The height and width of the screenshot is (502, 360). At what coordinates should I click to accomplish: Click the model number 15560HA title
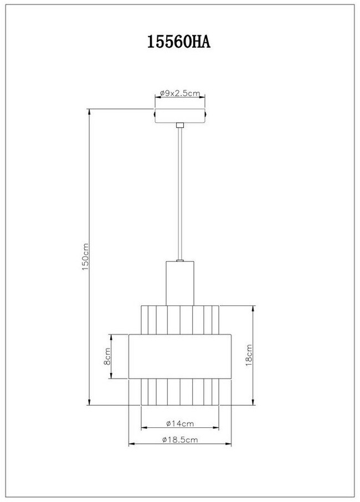pyautogui.click(x=179, y=42)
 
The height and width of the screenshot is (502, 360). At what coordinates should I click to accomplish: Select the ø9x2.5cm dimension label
pyautogui.click(x=180, y=93)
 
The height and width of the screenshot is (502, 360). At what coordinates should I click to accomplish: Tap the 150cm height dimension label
pyautogui.click(x=85, y=257)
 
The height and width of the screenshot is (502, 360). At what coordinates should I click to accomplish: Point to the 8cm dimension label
pyautogui.click(x=107, y=356)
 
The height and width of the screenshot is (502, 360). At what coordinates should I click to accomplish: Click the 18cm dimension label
pyautogui.click(x=249, y=355)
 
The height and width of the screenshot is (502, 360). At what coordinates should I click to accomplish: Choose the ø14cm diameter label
pyautogui.click(x=180, y=423)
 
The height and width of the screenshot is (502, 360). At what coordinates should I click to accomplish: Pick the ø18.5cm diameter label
pyautogui.click(x=179, y=439)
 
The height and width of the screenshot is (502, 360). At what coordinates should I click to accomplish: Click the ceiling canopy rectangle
pyautogui.click(x=180, y=116)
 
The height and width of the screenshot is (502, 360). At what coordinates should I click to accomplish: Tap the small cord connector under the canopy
pyautogui.click(x=180, y=125)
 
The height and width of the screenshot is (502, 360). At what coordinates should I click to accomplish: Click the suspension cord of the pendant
pyautogui.click(x=180, y=194)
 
